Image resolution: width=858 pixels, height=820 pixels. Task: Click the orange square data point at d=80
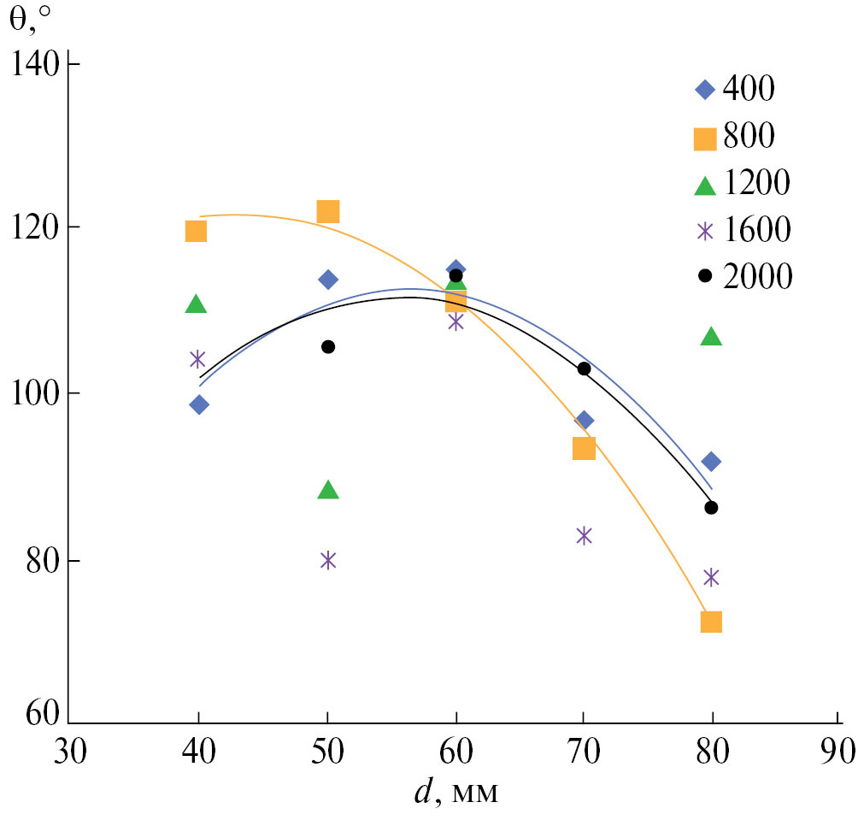click(711, 622)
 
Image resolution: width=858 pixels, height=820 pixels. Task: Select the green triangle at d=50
click(328, 490)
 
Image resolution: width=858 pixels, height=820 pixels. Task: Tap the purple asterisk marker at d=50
click(328, 560)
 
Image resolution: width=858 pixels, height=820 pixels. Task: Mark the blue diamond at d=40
click(199, 404)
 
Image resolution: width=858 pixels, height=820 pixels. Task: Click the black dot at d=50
click(328, 346)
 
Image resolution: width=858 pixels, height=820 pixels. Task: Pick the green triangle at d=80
click(711, 337)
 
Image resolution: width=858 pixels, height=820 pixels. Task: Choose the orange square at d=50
click(328, 211)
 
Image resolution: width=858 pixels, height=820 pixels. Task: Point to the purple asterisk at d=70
click(584, 535)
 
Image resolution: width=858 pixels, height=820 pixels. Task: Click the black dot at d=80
click(711, 508)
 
